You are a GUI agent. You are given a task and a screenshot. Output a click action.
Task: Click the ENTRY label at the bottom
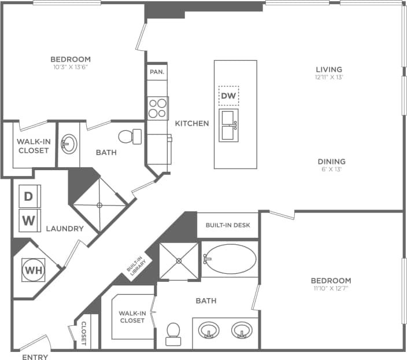point(35,357)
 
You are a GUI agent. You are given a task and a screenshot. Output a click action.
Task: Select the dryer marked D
point(28,196)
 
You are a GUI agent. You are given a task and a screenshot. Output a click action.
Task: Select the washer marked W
point(28,219)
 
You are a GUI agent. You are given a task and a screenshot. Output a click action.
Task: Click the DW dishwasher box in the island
point(228,95)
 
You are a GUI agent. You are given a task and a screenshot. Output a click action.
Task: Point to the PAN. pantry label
point(157,72)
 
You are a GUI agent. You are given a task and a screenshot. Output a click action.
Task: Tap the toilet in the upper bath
point(131,137)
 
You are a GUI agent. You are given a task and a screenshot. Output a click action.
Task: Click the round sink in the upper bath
point(69,143)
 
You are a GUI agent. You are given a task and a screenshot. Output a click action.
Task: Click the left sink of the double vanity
point(209,330)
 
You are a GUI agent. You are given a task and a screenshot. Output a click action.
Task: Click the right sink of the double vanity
point(242,330)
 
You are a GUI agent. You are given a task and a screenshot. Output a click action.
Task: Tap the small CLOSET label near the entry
point(84,334)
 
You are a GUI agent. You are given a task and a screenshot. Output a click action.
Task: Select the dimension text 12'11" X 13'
point(329,77)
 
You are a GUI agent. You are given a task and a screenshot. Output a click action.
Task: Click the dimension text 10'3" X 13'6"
point(71,67)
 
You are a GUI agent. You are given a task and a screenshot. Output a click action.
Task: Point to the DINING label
point(331,161)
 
